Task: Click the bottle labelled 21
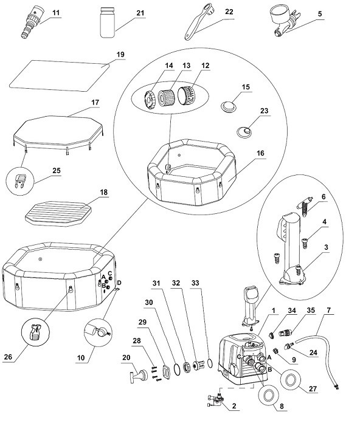click(x=108, y=22)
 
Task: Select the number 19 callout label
click(x=120, y=54)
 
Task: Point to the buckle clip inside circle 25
click(x=19, y=180)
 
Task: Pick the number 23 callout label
click(x=264, y=111)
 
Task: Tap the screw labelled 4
click(x=305, y=242)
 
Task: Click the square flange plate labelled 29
click(x=165, y=372)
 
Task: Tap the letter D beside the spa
click(x=119, y=283)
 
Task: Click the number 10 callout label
click(x=81, y=358)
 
